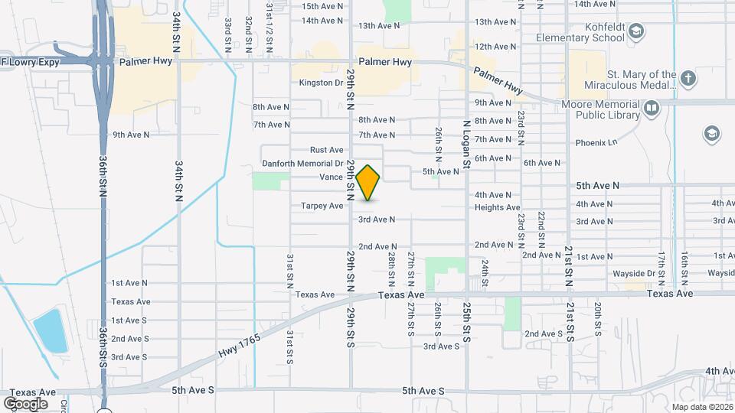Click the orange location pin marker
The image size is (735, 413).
pyautogui.click(x=368, y=182)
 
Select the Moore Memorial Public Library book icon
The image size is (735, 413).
pyautogui.click(x=652, y=109)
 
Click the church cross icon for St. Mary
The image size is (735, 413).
pyautogui.click(x=688, y=79)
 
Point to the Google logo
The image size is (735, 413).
pyautogui.click(x=25, y=403)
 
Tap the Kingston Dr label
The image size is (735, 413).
pyautogui.click(x=321, y=83)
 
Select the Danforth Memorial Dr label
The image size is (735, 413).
pyautogui.click(x=302, y=163)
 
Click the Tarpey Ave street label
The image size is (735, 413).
pyautogui.click(x=322, y=206)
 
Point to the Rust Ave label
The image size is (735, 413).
pyautogui.click(x=326, y=150)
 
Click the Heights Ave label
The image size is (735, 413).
pyautogui.click(x=497, y=207)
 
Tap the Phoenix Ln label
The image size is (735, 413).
pyautogui.click(x=596, y=142)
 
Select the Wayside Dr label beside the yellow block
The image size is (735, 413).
pyautogui.click(x=632, y=273)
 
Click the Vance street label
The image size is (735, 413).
pyautogui.click(x=331, y=177)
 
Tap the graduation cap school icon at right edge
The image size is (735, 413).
pyautogui.click(x=711, y=135)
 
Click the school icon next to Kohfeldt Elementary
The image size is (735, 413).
pyautogui.click(x=635, y=31)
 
